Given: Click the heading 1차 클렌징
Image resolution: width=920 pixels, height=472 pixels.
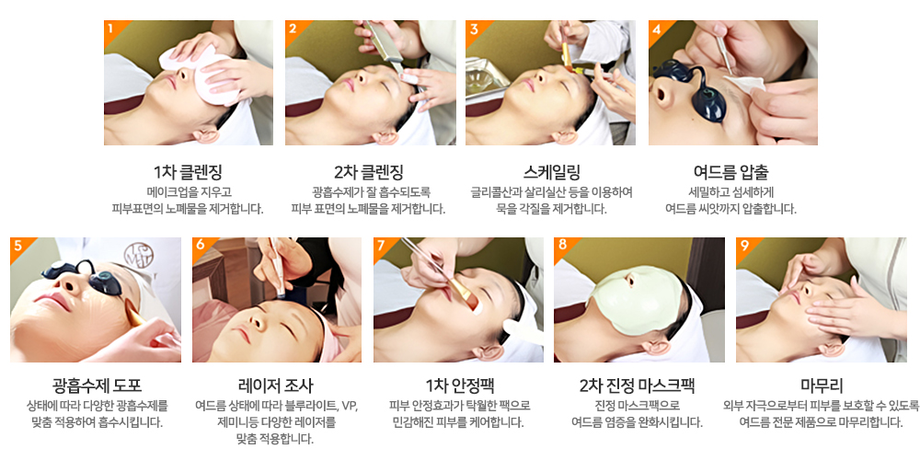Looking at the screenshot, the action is (x=188, y=172).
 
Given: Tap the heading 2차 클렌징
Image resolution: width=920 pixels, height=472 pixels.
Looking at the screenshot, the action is (x=369, y=172).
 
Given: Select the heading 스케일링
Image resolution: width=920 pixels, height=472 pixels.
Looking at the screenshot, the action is (x=551, y=172).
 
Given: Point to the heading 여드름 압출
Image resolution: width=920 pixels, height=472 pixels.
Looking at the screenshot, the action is (x=730, y=172).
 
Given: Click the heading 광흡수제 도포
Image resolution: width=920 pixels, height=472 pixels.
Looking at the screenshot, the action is (x=97, y=386).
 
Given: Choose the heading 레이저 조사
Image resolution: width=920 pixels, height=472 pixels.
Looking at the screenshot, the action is (x=276, y=386).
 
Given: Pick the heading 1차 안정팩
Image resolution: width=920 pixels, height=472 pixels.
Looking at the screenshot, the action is (x=459, y=386).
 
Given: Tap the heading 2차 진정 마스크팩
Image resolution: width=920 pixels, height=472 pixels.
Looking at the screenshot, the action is (x=637, y=386).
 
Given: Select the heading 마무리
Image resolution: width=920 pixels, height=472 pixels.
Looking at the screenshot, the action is (x=822, y=386).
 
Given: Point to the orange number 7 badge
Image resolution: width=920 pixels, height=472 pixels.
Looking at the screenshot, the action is (x=382, y=246).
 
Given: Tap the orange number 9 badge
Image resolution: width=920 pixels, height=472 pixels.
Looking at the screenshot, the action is (x=744, y=246).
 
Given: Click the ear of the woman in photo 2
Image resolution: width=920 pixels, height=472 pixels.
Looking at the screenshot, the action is (x=385, y=137).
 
